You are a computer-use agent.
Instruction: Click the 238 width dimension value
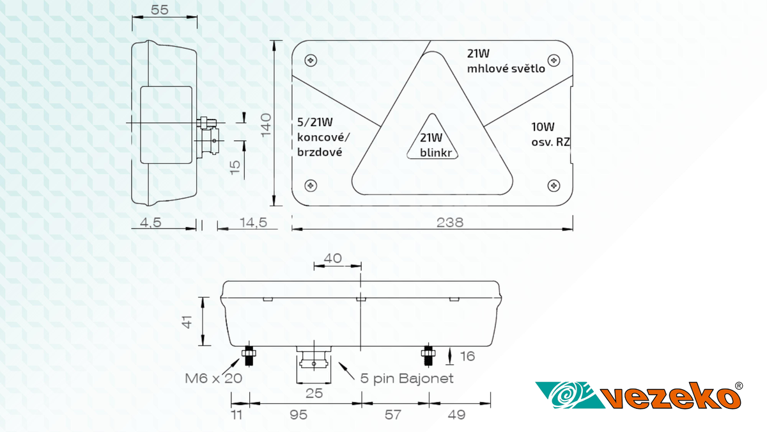(x=450, y=222)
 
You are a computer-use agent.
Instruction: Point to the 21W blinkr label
(x=431, y=144)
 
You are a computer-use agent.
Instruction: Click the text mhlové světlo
(x=506, y=68)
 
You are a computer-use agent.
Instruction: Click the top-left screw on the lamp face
(x=311, y=60)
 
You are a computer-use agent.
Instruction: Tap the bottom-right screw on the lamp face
(x=554, y=185)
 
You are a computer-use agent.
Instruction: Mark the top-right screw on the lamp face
(x=554, y=60)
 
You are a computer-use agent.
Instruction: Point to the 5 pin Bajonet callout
(x=407, y=378)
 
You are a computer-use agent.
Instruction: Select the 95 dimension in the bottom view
(x=298, y=415)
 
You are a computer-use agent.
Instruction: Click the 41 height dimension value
(x=186, y=322)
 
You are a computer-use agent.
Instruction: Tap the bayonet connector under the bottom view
(x=313, y=362)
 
